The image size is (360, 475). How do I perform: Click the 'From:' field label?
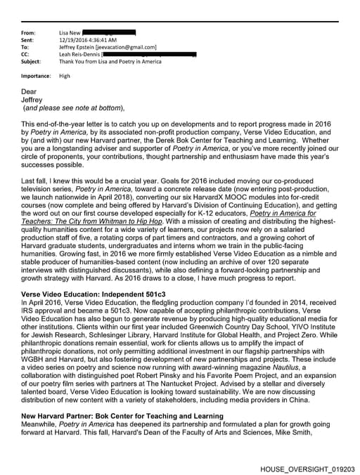[x=28, y=33]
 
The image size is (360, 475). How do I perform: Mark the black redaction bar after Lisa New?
[x=109, y=33]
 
